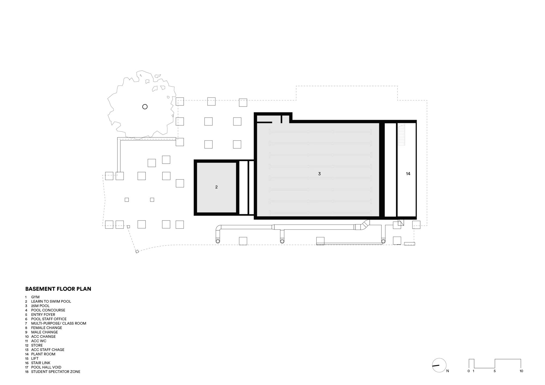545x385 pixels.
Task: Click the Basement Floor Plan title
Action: point(58,289)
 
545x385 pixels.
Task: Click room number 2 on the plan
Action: point(216,187)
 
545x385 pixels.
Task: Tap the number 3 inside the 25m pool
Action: point(319,174)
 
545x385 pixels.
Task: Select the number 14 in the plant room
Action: point(408,174)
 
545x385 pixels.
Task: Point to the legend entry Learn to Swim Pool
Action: point(51,301)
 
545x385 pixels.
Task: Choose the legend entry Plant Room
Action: point(43,354)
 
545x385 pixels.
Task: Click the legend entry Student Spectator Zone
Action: point(56,372)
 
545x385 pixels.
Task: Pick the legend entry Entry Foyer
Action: point(43,314)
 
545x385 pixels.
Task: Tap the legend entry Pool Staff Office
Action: point(49,319)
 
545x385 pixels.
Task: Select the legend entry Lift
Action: point(35,359)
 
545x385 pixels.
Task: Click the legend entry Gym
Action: point(35,297)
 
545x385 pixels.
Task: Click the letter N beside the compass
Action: point(448,371)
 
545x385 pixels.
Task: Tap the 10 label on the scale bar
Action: point(521,371)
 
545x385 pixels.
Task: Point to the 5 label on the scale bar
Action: point(495,371)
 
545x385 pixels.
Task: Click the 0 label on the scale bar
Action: point(469,371)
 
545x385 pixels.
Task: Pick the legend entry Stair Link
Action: point(41,363)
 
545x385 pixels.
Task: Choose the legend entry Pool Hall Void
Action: point(46,367)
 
